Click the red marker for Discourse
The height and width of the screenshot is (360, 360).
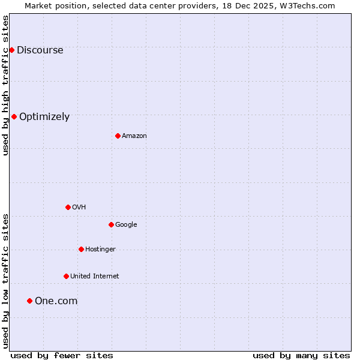point(11,50)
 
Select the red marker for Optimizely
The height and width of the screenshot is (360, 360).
point(14,116)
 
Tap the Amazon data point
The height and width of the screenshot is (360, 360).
point(118,136)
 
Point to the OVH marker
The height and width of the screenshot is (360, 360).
point(68,207)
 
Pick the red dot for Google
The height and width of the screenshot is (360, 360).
point(111,224)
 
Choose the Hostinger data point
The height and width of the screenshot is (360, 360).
point(81,249)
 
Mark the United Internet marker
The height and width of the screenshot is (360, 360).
point(66,276)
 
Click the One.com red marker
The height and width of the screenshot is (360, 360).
point(29,301)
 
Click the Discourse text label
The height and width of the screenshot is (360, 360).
point(40,50)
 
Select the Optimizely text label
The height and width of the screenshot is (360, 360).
point(44,117)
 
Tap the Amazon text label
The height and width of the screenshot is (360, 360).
point(134,136)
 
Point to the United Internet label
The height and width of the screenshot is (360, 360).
point(94,277)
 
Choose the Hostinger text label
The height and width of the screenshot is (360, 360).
point(100,250)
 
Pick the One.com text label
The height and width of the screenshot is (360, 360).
point(56,301)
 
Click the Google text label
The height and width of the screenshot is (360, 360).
point(126,225)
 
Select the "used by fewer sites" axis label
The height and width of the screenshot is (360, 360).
point(62,356)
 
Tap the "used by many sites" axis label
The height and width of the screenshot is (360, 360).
point(301,356)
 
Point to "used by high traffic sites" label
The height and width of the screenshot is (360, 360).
point(6,86)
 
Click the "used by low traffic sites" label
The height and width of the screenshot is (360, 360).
point(6,281)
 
